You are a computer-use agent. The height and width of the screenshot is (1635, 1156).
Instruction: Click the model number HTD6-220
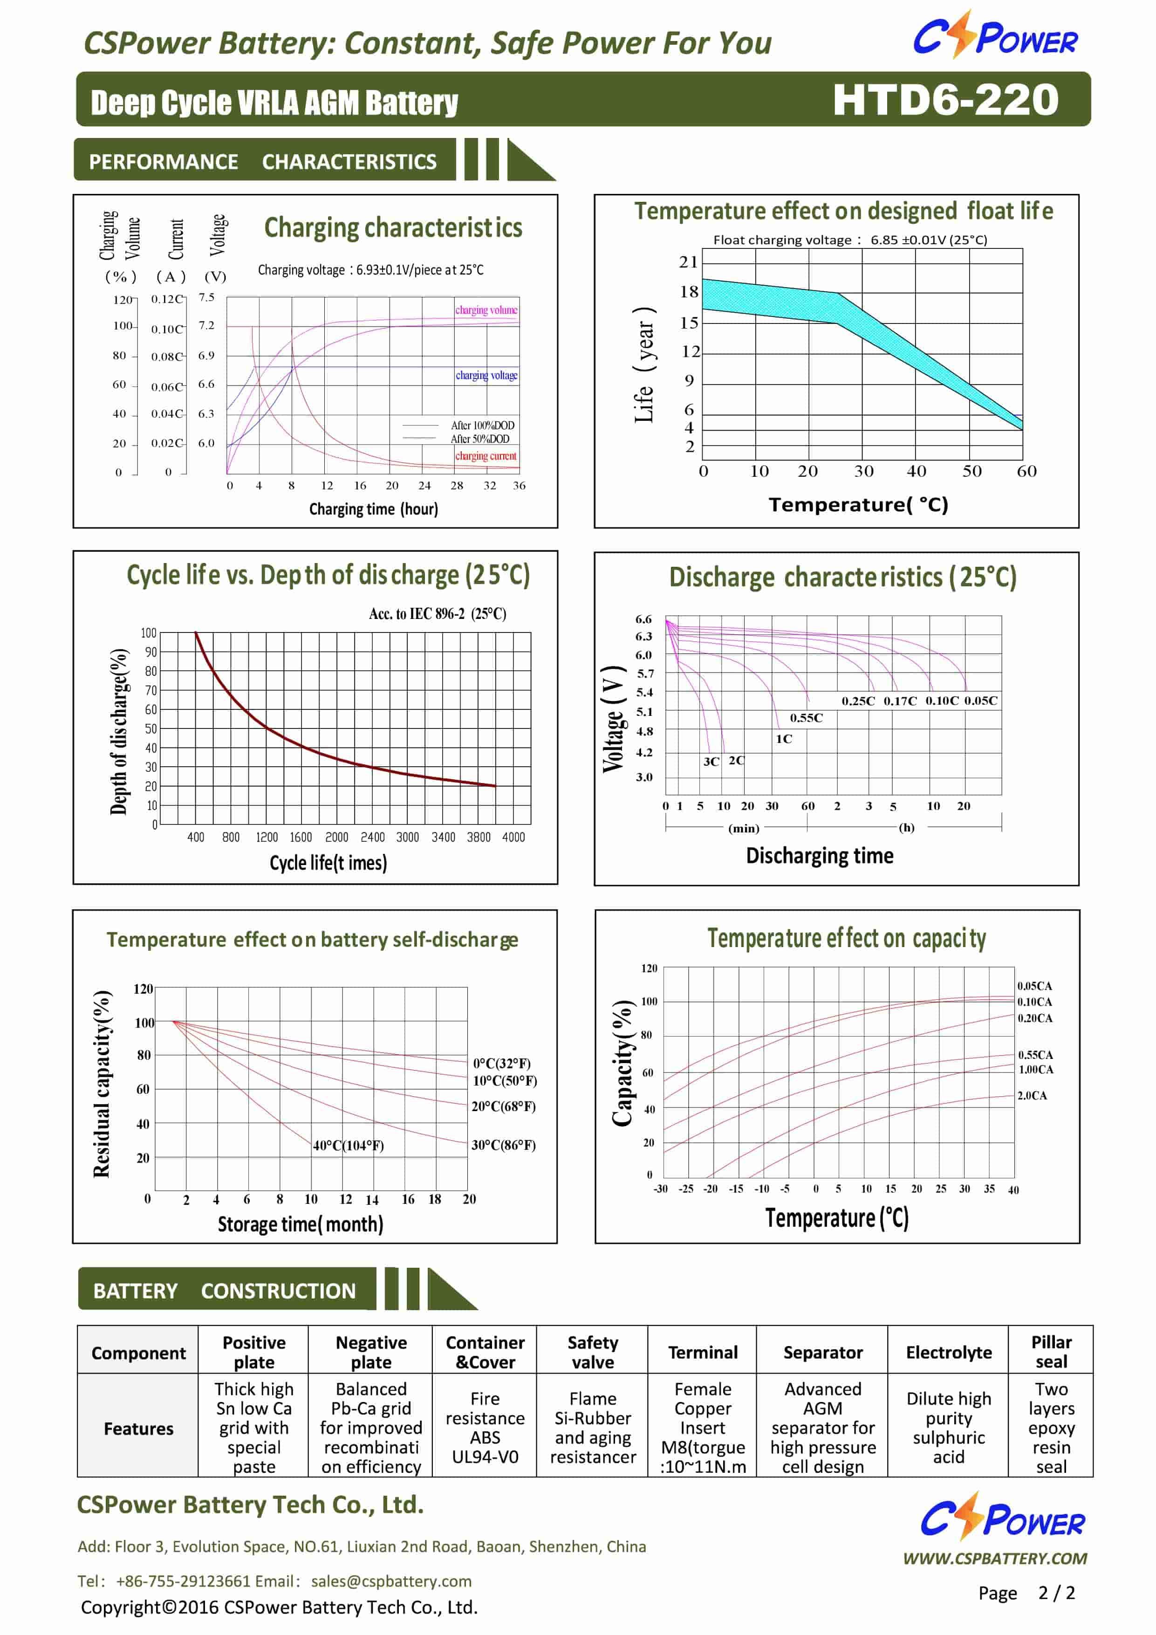tap(945, 100)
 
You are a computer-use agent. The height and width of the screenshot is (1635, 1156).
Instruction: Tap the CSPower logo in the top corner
tap(995, 35)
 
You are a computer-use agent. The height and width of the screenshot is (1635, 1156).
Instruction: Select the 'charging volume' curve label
tap(486, 310)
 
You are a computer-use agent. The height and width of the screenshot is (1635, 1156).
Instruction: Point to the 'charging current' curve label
tap(486, 456)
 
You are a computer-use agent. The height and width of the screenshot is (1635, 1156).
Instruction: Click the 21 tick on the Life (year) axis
tap(688, 262)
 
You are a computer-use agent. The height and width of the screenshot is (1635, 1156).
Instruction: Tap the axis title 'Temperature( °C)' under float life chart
tap(858, 505)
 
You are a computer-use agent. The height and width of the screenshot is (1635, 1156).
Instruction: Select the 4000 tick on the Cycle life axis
tap(513, 838)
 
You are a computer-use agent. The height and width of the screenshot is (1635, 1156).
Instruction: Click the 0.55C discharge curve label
tap(806, 718)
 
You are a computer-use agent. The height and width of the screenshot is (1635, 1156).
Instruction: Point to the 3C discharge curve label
tap(711, 761)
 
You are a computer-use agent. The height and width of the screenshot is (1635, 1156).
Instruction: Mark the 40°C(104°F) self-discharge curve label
tap(348, 1145)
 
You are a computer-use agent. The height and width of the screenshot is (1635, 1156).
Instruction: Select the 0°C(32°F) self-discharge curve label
tap(502, 1063)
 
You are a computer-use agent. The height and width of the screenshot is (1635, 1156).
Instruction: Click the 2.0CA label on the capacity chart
tap(1032, 1095)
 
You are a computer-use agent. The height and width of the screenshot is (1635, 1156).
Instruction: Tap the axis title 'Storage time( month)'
tap(301, 1224)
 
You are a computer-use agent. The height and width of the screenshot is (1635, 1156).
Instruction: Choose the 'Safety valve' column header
tap(592, 1352)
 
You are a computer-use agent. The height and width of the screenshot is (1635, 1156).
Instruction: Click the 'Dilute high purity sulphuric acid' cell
tap(948, 1428)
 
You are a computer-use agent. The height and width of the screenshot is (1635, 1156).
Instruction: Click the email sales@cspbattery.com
tap(391, 1581)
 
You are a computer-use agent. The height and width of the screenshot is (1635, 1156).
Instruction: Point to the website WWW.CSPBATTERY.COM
tap(994, 1558)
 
